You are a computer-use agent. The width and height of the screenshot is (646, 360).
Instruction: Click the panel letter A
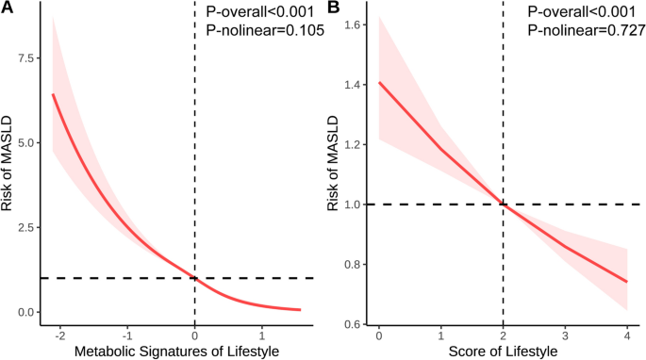7,8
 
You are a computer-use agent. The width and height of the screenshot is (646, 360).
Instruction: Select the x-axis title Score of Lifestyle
504,352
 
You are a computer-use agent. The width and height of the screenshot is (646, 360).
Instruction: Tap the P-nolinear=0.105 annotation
265,31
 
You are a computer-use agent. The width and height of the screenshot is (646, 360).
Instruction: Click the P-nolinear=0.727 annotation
587,31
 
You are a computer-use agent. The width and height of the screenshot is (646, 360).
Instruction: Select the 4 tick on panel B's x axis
626,335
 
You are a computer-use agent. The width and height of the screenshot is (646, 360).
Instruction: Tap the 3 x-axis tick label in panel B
565,335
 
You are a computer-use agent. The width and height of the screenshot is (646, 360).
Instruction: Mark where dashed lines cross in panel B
503,204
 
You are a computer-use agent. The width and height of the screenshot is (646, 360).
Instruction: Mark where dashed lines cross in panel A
195,278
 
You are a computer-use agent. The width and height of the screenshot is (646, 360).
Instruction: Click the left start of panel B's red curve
378,82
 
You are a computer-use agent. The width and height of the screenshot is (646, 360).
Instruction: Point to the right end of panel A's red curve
301,309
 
